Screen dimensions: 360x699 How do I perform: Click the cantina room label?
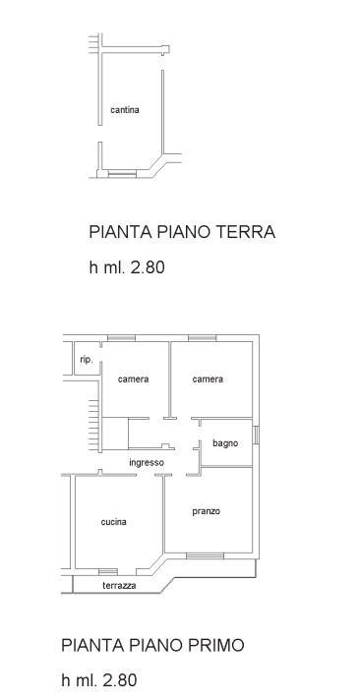125,110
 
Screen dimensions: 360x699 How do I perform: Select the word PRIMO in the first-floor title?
213,645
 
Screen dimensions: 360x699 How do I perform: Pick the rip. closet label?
87,360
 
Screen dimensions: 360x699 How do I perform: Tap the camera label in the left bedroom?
133,379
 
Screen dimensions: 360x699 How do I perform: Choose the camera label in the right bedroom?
208,379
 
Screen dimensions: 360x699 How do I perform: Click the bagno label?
225,444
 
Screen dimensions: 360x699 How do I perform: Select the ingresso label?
147,462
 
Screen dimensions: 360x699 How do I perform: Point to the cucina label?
113,522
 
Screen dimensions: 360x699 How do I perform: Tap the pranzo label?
206,511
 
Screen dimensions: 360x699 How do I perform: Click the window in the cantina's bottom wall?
122,174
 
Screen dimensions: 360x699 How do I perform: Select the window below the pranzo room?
205,555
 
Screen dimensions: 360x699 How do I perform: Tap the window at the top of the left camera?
121,338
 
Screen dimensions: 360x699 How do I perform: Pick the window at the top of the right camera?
203,338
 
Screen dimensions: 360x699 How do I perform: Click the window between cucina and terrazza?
107,571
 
